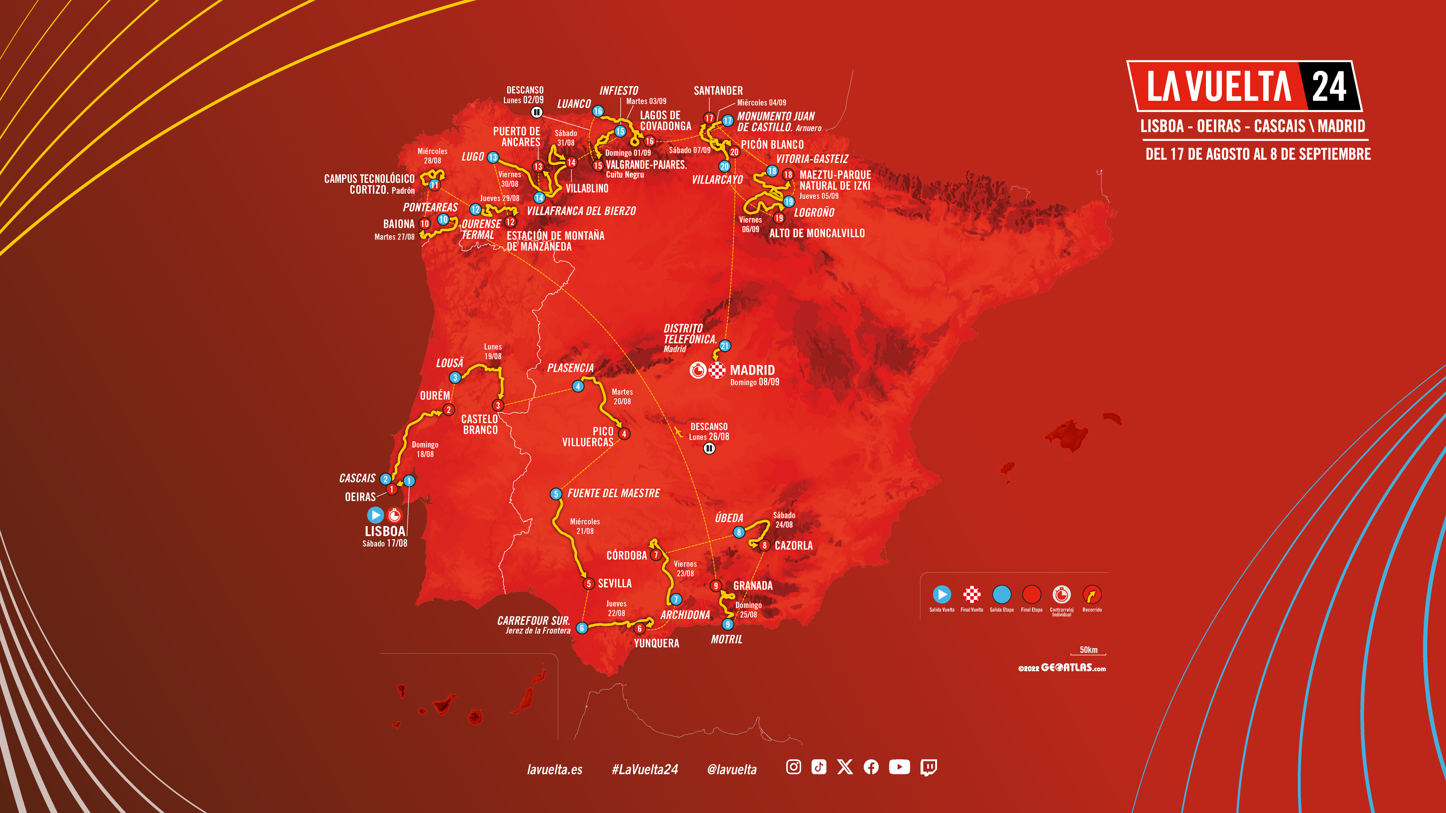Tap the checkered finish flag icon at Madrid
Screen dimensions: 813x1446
click(717, 370)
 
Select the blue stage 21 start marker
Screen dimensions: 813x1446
click(725, 346)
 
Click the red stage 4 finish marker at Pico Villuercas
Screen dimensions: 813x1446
click(624, 434)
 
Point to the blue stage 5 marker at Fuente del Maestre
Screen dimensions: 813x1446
click(556, 494)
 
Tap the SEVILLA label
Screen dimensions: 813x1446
click(615, 584)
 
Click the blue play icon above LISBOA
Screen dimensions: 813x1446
click(375, 515)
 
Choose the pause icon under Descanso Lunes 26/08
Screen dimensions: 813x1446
click(709, 448)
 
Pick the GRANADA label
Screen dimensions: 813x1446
click(753, 586)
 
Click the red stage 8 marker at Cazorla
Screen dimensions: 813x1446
click(764, 545)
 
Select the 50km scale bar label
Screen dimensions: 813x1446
click(1088, 650)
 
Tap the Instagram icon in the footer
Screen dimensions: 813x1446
click(793, 767)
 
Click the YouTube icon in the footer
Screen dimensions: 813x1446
click(899, 767)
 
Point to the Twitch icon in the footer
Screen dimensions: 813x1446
click(928, 767)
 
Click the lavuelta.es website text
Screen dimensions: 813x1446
click(555, 769)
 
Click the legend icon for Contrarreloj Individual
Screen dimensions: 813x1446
click(1061, 594)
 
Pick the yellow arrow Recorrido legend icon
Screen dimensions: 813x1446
click(1092, 594)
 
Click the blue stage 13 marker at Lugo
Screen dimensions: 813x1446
click(493, 157)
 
